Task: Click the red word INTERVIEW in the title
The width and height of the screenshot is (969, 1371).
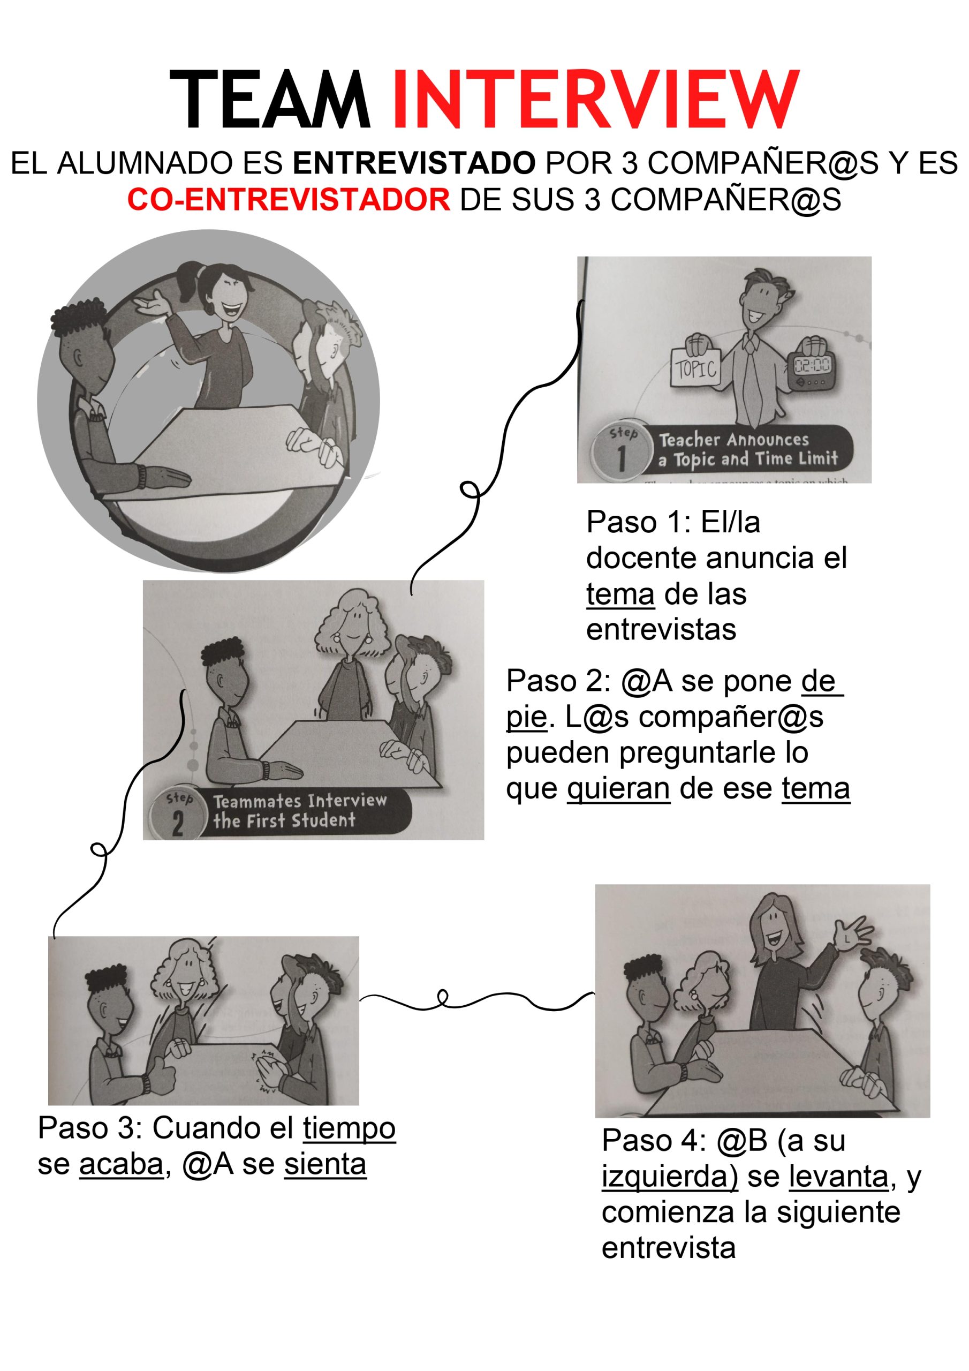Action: (x=595, y=99)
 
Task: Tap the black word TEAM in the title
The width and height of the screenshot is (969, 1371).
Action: (x=270, y=99)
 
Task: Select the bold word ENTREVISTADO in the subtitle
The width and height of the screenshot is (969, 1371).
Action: (x=414, y=163)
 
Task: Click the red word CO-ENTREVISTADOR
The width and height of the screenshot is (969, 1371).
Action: (x=289, y=199)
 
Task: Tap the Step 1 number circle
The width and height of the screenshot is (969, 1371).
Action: (x=622, y=452)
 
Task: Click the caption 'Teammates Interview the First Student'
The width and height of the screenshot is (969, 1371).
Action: (x=300, y=811)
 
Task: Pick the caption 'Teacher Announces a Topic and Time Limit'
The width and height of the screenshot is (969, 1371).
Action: (x=748, y=449)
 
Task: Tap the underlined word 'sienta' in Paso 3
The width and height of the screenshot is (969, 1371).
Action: (x=325, y=1165)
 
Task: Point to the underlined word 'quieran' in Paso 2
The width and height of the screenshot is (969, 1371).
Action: (x=618, y=789)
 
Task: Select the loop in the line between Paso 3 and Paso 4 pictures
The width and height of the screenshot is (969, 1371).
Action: (x=442, y=996)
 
